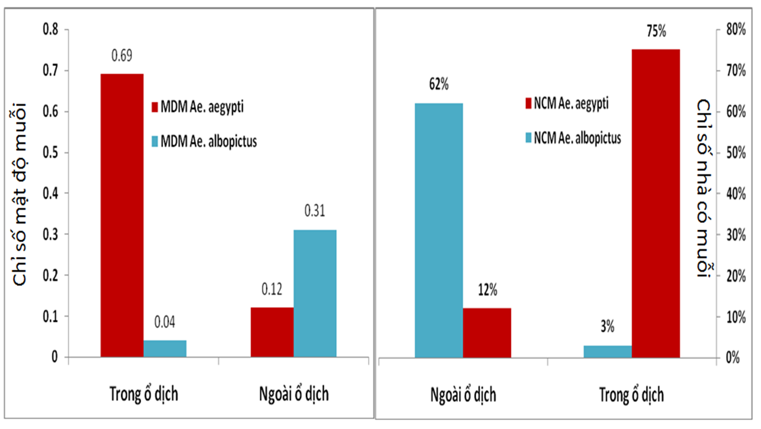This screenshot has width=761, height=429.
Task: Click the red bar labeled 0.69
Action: [x=122, y=215]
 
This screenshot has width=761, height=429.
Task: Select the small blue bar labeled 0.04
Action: [x=165, y=349]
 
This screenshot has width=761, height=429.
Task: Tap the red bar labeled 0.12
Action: [x=272, y=332]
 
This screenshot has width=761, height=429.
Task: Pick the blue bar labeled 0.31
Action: [x=315, y=293]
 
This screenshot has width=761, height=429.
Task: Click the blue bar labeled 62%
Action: [x=439, y=230]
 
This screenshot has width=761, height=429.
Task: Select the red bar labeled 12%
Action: [x=487, y=333]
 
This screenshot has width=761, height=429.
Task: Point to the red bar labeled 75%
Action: [x=655, y=203]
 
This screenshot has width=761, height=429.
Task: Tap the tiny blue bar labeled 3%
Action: [x=607, y=351]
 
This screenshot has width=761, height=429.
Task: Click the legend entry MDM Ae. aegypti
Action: [x=198, y=107]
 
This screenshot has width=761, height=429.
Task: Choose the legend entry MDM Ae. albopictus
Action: [x=204, y=141]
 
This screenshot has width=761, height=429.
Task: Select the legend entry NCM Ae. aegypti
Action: [x=567, y=103]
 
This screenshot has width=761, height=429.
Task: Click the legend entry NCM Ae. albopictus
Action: [x=573, y=137]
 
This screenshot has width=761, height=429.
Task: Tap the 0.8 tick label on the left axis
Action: [x=51, y=30]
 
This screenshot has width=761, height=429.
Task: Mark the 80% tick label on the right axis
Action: [x=736, y=30]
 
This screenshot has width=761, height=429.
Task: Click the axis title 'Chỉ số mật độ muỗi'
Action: [x=20, y=194]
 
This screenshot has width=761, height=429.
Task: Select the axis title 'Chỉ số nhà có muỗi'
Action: [x=704, y=188]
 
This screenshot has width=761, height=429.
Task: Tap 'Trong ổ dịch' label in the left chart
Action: [x=143, y=394]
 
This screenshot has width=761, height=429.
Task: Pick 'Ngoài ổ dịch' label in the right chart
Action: [x=463, y=395]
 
